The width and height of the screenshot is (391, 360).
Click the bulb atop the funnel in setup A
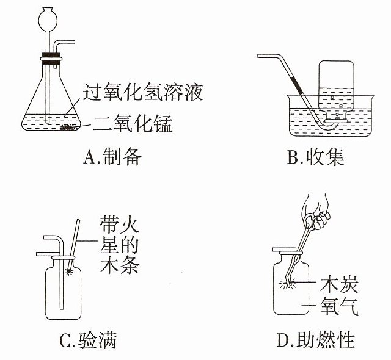pos(48,19)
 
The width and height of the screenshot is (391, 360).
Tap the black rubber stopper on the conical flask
pos(51,55)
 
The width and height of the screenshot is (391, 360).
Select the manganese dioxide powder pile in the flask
pos(67,128)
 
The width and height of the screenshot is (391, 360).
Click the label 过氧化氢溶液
pos(143,92)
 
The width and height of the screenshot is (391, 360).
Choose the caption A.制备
pos(112,157)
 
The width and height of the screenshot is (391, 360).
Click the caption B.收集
pos(315,157)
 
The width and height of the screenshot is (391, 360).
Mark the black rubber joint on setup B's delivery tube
pos(297,85)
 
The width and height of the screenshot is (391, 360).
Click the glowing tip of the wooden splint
pos(68,271)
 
